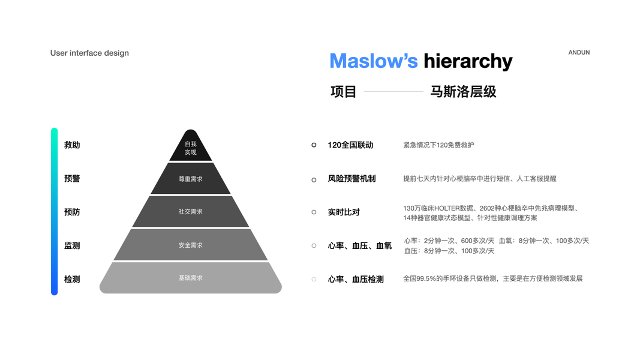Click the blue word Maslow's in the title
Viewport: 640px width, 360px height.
[x=373, y=61]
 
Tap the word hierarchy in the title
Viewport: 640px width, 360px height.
[x=468, y=61]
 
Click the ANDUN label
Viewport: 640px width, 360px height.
[x=579, y=53]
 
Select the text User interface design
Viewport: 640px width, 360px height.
[x=89, y=53]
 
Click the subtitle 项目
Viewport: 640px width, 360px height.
[x=344, y=92]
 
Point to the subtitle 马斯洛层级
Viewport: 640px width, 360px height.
[x=463, y=92]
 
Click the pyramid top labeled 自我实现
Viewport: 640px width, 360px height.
[x=191, y=148]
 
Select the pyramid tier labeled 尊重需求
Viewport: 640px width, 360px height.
[x=191, y=179]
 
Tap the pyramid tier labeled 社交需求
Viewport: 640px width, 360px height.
[x=191, y=212]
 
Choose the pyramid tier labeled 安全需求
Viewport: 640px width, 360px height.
[x=191, y=245]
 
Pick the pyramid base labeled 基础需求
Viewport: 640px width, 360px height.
[x=191, y=278]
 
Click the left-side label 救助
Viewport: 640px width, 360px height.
[x=72, y=145]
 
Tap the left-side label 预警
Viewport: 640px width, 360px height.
[x=72, y=179]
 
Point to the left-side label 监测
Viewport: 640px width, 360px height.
[x=72, y=246]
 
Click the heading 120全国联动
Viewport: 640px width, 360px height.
[x=350, y=145]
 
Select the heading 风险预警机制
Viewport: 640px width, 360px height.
[x=351, y=179]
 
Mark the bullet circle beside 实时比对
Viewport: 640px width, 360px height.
[x=314, y=212]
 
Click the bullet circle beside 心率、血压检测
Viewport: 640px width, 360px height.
[x=314, y=279]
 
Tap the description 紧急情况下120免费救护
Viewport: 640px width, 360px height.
[x=438, y=145]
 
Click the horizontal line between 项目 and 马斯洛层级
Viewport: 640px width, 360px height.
[x=393, y=92]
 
